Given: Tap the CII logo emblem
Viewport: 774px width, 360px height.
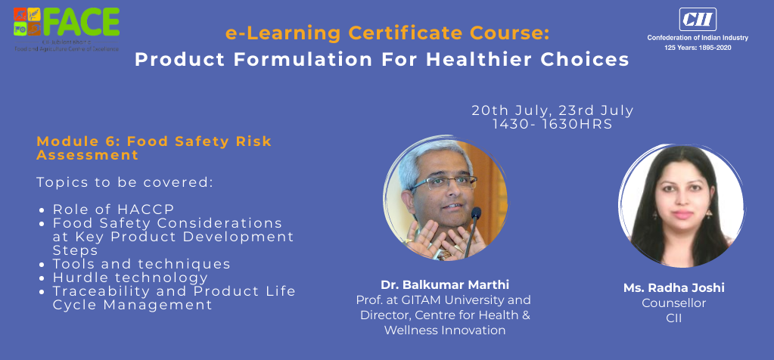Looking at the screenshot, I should pyautogui.click(x=686, y=19).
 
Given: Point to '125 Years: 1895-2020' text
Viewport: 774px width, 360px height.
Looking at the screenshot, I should pyautogui.click(x=687, y=48).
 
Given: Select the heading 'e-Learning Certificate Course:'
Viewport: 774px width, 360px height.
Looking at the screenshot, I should pyautogui.click(x=387, y=33).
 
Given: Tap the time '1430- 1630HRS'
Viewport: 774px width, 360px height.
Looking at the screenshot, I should pyautogui.click(x=552, y=123).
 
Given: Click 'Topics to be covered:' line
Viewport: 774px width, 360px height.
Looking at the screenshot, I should pyautogui.click(x=125, y=183).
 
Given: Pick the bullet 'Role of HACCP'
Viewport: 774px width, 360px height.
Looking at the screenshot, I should pyautogui.click(x=113, y=209).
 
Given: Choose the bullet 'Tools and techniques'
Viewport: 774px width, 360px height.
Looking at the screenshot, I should pyautogui.click(x=141, y=264).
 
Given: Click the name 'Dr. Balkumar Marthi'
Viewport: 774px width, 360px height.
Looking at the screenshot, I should pyautogui.click(x=444, y=285).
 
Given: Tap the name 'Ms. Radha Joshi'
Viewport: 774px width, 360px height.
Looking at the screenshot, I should pyautogui.click(x=673, y=288).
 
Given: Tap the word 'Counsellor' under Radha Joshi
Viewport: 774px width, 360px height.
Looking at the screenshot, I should pyautogui.click(x=673, y=303).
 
